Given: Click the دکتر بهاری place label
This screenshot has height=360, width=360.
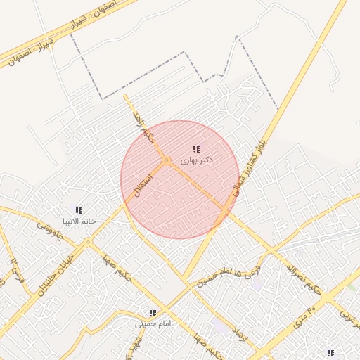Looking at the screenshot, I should (196, 161).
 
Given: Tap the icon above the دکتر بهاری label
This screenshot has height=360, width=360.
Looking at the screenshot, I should (196, 150).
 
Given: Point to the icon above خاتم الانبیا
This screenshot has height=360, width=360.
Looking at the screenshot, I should (79, 210).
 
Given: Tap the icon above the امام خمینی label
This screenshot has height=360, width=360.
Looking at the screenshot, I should (152, 313).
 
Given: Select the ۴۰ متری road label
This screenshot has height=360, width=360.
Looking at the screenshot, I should (302, 316).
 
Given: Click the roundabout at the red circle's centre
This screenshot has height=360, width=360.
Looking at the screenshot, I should (167, 162).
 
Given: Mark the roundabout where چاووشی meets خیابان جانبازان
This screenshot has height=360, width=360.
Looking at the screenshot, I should (89, 242).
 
